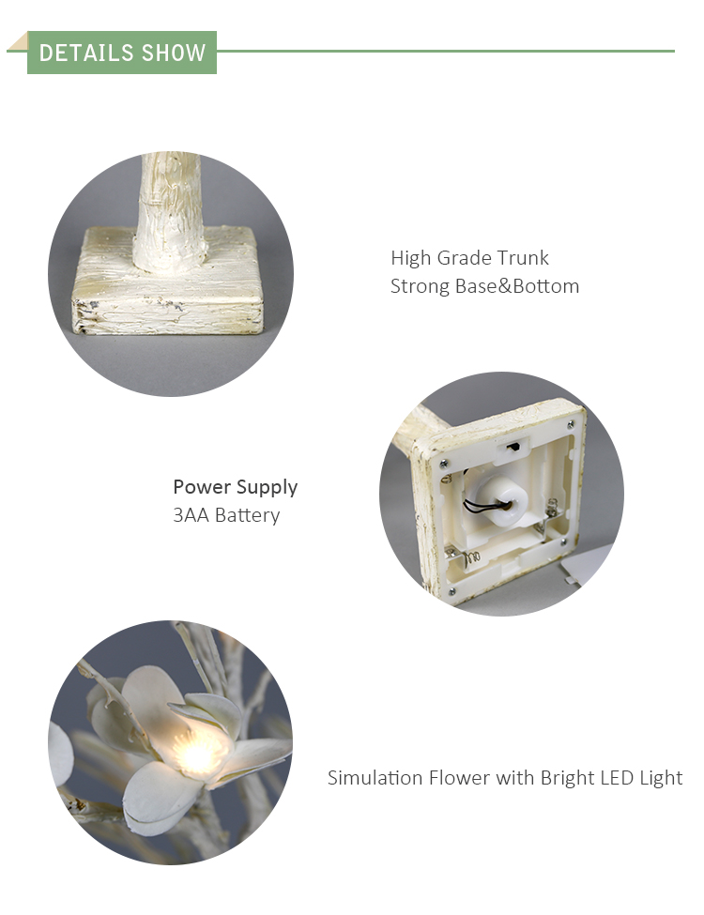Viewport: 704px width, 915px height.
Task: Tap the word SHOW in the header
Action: pos(174,53)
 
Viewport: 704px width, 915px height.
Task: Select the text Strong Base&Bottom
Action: pos(484,286)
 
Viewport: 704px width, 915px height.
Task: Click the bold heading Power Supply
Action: pos(236,487)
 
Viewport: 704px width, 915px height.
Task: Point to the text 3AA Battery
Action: pos(226,515)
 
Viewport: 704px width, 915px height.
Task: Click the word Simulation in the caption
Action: pos(375,778)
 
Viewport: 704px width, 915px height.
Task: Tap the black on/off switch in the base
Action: pos(513,448)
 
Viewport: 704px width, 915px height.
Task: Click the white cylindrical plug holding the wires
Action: pos(500,499)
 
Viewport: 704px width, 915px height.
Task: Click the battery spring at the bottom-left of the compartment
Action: pos(472,559)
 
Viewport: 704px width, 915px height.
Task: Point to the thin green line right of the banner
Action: pos(446,51)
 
